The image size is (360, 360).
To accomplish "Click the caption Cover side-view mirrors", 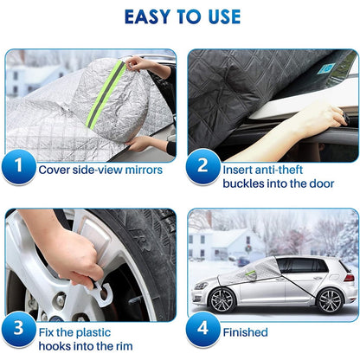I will tap(100, 169).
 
